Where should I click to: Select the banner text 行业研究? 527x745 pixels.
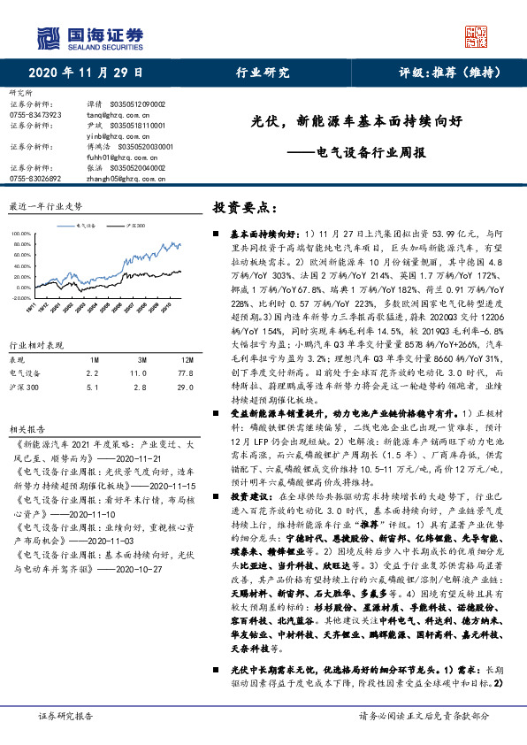(x=263, y=73)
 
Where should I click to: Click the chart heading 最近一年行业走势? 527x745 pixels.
(x=45, y=205)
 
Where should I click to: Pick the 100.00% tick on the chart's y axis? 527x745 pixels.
(x=19, y=233)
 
